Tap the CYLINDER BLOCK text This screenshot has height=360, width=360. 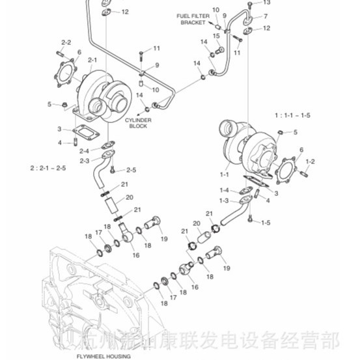tap(138, 124)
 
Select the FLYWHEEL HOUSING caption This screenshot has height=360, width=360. tap(103, 355)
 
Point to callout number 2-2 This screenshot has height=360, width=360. tap(66, 42)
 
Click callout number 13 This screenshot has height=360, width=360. tap(266, 3)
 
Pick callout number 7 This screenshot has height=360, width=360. tap(266, 15)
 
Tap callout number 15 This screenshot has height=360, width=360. tap(215, 36)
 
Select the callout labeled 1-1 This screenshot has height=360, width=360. tap(225, 174)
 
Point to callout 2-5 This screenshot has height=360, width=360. tap(131, 170)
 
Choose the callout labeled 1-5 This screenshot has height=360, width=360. tap(266, 223)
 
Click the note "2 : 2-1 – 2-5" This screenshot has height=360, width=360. tap(48, 167)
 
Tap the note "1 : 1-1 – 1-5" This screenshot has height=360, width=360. tap(292, 115)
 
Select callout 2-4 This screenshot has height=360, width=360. tap(85, 151)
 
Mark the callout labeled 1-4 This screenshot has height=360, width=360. tap(224, 190)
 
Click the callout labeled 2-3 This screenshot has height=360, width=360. tap(85, 160)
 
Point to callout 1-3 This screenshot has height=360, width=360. tap(224, 201)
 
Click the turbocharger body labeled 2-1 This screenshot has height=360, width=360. tap(98, 94)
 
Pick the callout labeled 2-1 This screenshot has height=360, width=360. tap(92, 61)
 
